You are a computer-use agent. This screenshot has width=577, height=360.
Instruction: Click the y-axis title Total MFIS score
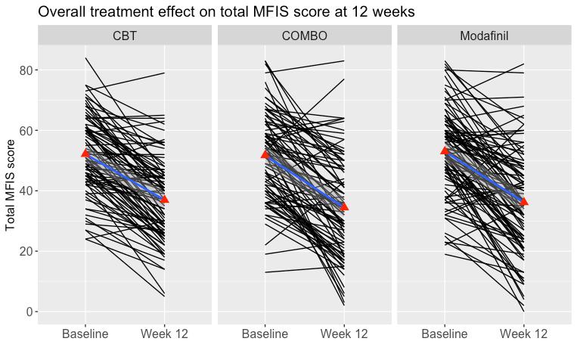[11, 185]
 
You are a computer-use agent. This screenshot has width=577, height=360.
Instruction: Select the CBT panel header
[125, 36]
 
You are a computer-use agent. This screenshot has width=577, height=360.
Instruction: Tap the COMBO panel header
[304, 36]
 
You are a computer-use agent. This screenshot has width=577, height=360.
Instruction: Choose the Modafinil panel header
[484, 36]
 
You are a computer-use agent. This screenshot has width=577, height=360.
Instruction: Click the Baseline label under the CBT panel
[85, 334]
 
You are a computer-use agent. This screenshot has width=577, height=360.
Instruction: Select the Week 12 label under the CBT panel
[165, 334]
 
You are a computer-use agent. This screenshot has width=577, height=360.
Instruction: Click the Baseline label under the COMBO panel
[265, 334]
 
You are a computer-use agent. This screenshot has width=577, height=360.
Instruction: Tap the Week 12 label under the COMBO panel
[344, 334]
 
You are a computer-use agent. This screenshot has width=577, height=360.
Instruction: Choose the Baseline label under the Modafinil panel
[445, 334]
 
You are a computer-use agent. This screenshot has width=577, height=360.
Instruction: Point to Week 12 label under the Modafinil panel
[524, 334]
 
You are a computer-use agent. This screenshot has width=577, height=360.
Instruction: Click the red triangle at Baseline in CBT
[85, 153]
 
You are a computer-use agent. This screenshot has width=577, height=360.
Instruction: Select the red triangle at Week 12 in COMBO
[344, 206]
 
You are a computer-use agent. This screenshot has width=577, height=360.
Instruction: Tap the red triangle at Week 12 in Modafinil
[524, 201]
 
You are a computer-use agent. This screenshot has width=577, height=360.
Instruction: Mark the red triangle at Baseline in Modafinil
[445, 151]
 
